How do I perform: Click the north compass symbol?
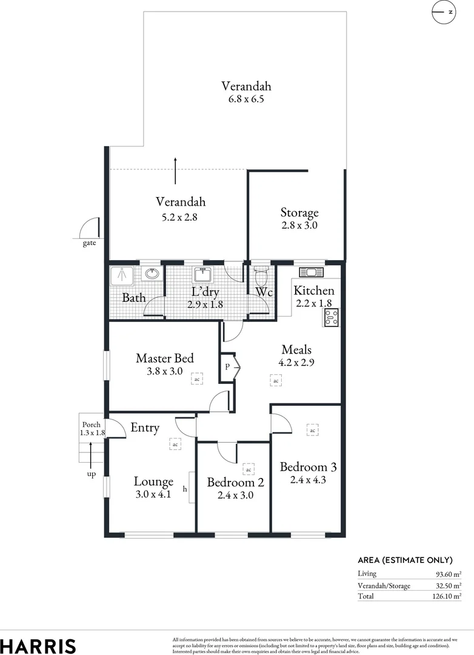pos(447,12)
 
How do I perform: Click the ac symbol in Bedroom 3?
pos(312,430)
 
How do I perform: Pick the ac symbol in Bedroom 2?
pos(248,469)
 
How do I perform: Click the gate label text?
pos(89,244)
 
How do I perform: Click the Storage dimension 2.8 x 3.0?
pos(299,225)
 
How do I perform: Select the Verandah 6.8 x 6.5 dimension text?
pos(245,99)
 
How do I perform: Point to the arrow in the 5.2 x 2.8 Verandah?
pos(175,170)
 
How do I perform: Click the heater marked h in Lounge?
pos(192,487)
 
